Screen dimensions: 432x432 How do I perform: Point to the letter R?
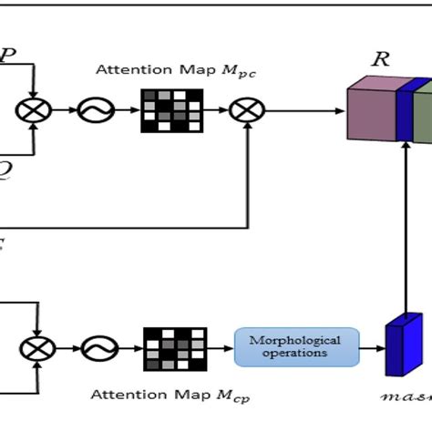(x=381, y=60)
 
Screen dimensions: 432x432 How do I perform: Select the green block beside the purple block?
(x=423, y=111)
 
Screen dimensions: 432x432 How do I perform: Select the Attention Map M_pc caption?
(x=173, y=72)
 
